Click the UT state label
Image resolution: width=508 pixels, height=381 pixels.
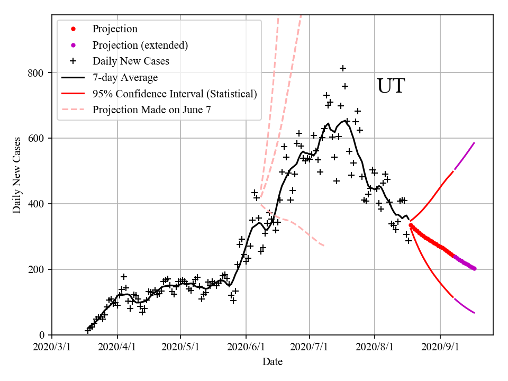point(391,86)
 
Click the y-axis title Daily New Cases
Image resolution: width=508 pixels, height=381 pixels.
point(17,175)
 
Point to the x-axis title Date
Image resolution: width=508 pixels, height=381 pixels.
point(272,362)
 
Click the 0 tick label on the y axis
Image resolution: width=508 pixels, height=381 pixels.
point(43,335)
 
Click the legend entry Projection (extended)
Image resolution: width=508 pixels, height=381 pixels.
point(140,45)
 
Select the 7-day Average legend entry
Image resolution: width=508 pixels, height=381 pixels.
point(125,78)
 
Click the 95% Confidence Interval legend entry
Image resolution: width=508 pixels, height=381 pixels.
point(175,94)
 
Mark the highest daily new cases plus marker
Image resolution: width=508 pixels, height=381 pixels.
point(343,68)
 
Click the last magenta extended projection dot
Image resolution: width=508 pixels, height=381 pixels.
point(474,269)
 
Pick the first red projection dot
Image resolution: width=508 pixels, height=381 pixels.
point(411,225)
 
